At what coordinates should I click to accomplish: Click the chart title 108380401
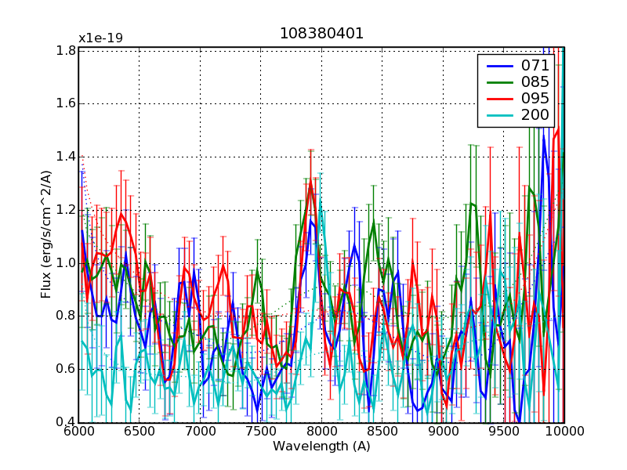[321, 34]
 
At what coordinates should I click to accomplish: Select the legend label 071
[535, 65]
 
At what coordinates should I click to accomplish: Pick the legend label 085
[535, 81]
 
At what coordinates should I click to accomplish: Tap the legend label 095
[535, 99]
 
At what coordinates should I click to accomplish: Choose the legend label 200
[535, 116]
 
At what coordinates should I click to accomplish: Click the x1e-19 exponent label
[100, 38]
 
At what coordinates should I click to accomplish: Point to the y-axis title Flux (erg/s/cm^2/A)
[46, 235]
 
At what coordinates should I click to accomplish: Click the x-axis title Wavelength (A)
[321, 446]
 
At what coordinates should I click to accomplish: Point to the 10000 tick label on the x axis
[564, 432]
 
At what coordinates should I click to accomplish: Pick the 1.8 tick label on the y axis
[65, 51]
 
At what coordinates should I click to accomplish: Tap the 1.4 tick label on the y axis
[65, 157]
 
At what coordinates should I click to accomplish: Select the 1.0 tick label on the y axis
[65, 263]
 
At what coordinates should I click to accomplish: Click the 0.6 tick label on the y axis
[65, 369]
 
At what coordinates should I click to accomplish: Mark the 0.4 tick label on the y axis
[65, 422]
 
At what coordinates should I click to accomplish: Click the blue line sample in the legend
[496, 65]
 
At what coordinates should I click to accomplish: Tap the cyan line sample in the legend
[496, 116]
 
